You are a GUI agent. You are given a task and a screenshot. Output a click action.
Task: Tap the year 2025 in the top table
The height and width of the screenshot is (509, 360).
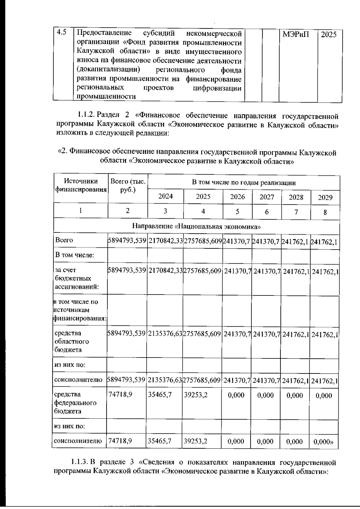329,34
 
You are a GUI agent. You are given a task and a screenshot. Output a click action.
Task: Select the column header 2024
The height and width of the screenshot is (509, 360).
165,196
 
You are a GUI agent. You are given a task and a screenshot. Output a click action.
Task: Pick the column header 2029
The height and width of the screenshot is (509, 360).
325,197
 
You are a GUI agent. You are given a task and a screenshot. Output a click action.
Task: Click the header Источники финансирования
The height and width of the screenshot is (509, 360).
81,185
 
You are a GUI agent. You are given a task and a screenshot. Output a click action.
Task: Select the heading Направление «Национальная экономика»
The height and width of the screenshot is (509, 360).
196,226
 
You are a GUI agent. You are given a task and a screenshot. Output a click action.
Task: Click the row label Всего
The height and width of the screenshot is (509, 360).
64,240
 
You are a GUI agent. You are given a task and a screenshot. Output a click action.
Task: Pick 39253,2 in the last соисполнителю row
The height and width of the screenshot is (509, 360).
195,441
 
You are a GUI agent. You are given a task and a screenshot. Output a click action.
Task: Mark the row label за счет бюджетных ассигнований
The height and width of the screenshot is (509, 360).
76,278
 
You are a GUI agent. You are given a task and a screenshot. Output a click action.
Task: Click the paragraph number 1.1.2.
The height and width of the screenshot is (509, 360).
86,115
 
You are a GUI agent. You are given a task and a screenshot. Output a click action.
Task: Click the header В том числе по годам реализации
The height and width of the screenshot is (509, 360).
244,183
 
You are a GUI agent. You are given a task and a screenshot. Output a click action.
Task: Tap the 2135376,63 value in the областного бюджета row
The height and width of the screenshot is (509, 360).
165,334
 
